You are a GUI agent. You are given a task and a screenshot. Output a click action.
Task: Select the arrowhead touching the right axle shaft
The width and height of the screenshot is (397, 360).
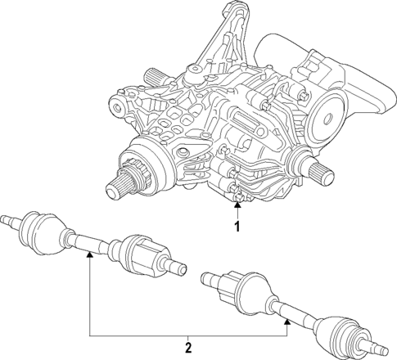coord(288,322)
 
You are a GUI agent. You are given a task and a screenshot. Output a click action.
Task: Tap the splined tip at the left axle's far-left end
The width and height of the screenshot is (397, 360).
coord(7,218)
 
